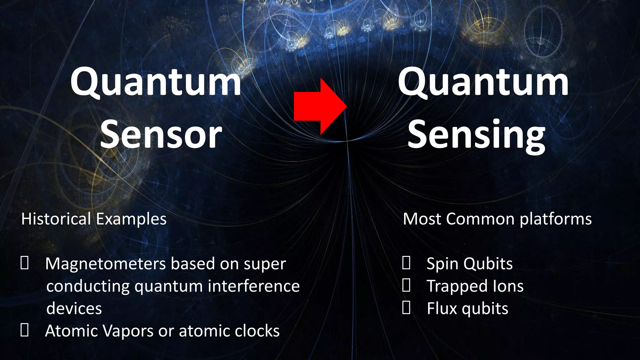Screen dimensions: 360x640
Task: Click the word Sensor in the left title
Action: (x=161, y=135)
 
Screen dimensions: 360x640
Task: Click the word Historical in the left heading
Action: (x=56, y=219)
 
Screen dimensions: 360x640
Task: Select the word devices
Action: (x=74, y=308)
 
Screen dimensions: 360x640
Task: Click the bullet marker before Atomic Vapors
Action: (x=25, y=330)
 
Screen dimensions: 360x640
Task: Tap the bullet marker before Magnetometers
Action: (x=25, y=263)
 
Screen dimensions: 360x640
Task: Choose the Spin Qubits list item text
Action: (x=469, y=264)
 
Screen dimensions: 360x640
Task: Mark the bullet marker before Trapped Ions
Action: (x=406, y=286)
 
